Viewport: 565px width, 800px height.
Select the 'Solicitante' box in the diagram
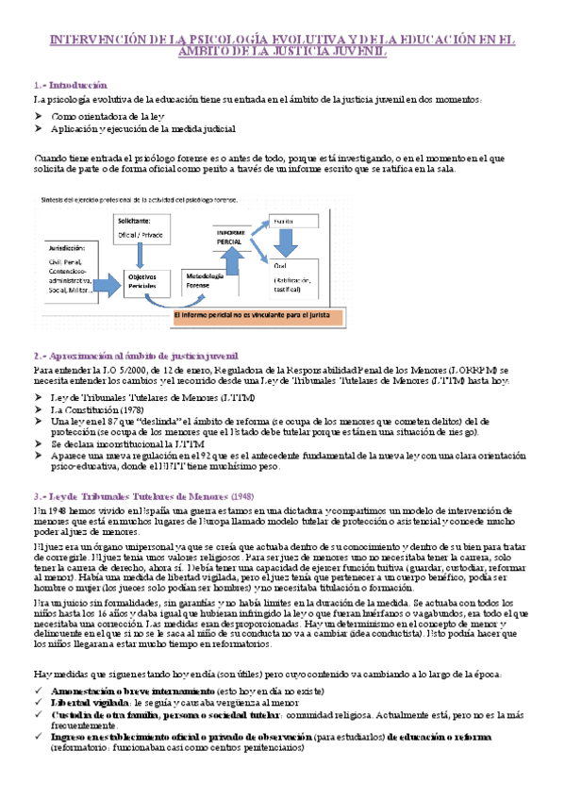coord(141,227)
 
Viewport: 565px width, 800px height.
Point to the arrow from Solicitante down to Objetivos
coord(141,253)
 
